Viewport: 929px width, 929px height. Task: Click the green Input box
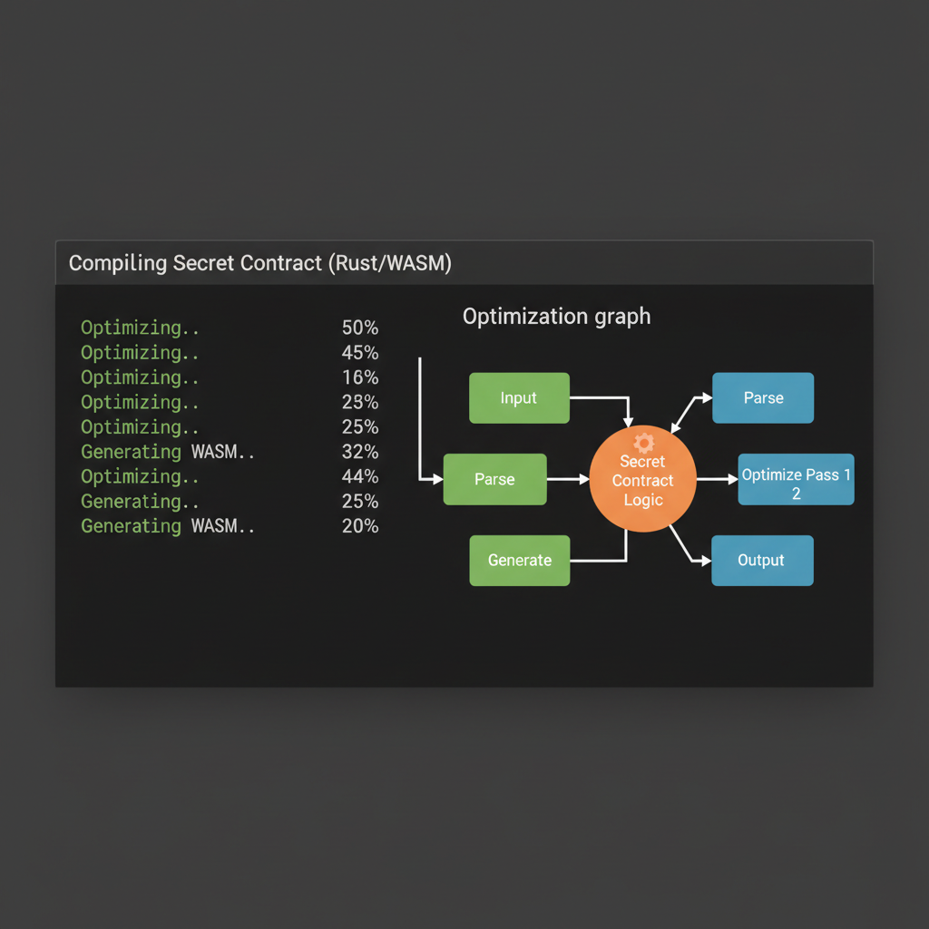click(x=519, y=397)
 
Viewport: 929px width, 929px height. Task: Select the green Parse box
click(x=494, y=479)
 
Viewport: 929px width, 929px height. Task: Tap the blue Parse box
click(x=763, y=397)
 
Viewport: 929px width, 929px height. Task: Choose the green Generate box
click(x=519, y=560)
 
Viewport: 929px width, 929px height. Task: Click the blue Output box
click(x=762, y=560)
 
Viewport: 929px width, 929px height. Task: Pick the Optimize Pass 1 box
click(x=796, y=479)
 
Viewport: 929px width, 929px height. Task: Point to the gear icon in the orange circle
click(x=643, y=443)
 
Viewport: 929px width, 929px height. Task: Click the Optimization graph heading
click(x=556, y=317)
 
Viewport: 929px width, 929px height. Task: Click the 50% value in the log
click(x=360, y=328)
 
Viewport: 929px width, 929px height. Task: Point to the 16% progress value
click(x=360, y=377)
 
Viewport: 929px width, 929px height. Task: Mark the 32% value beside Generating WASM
click(x=360, y=452)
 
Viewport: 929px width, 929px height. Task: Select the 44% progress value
click(x=360, y=476)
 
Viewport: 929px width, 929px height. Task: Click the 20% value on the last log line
click(x=360, y=526)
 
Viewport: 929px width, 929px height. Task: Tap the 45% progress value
click(x=360, y=353)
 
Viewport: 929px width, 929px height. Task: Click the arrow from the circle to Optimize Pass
click(x=717, y=479)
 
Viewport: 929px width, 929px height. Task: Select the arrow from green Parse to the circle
click(x=568, y=479)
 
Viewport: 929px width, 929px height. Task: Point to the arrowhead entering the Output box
click(x=705, y=562)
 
